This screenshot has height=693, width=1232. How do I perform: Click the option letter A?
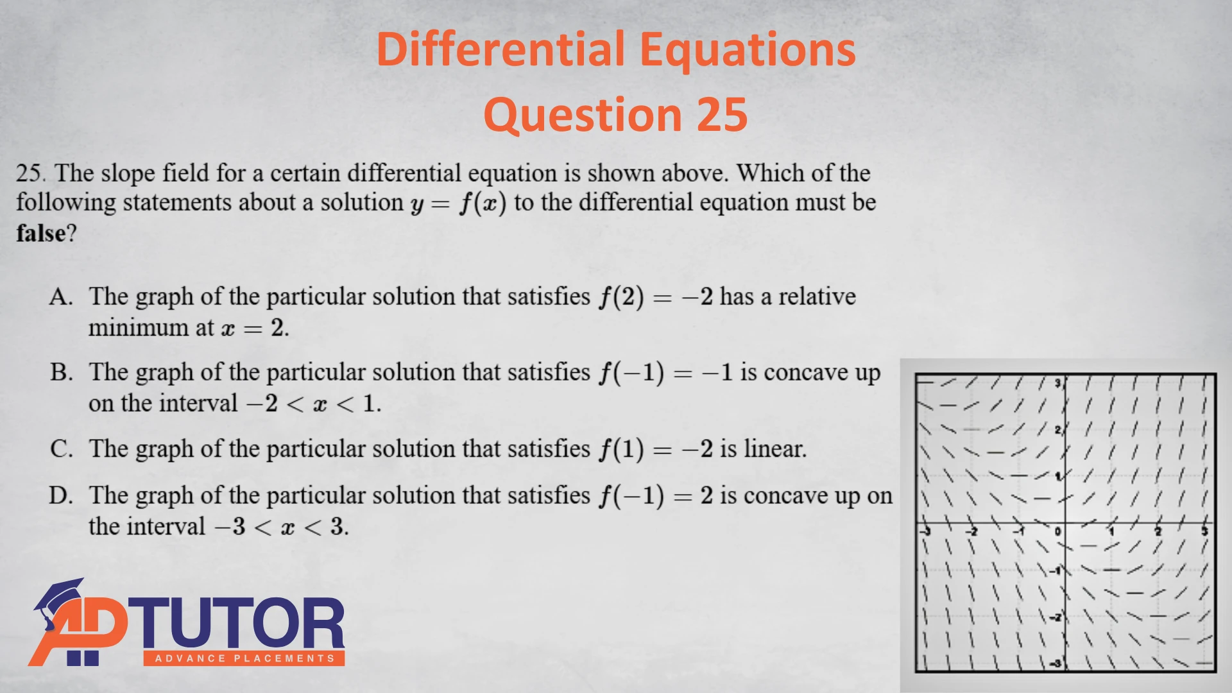[x=61, y=297]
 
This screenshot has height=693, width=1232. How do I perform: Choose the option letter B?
[x=61, y=373]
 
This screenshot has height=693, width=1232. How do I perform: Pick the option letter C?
[x=61, y=449]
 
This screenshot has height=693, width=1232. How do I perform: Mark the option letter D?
[x=61, y=495]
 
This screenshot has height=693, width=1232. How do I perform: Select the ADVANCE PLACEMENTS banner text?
[x=244, y=658]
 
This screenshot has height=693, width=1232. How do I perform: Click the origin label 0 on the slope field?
[x=1057, y=531]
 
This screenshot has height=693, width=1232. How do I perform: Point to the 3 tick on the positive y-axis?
[x=1057, y=384]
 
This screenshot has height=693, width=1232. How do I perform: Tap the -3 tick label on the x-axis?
[x=925, y=531]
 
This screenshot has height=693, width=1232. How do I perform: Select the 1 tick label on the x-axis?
[x=1111, y=531]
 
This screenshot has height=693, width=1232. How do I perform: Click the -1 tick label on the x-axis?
[x=1018, y=531]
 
